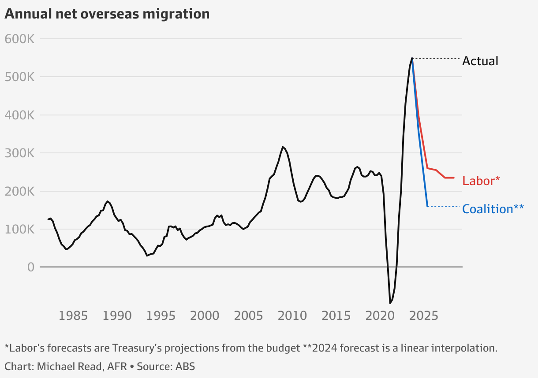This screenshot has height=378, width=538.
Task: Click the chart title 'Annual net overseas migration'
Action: tap(107, 14)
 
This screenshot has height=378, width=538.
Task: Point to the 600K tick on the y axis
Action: tap(20, 39)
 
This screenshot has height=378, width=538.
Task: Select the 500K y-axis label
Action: tap(20, 77)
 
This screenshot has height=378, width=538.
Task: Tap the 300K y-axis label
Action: tap(20, 153)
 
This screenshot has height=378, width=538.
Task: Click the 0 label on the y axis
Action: tap(30, 267)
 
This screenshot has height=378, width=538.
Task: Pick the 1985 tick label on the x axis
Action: tap(73, 315)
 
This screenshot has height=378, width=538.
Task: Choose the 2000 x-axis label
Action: tap(205, 315)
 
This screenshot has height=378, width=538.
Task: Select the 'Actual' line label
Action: tap(480, 61)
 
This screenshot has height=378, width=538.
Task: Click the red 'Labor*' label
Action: tap(481, 181)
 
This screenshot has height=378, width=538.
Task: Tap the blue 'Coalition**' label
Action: tap(493, 209)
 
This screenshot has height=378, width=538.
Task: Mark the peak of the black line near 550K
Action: tap(412, 58)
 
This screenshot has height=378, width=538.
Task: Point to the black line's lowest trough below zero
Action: tap(390, 303)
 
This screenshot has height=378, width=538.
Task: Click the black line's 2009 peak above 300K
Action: tap(283, 147)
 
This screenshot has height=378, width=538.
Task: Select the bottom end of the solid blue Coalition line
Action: tap(427, 206)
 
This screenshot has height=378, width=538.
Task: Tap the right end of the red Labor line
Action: tap(454, 178)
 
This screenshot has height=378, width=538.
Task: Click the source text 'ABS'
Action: tap(185, 366)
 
